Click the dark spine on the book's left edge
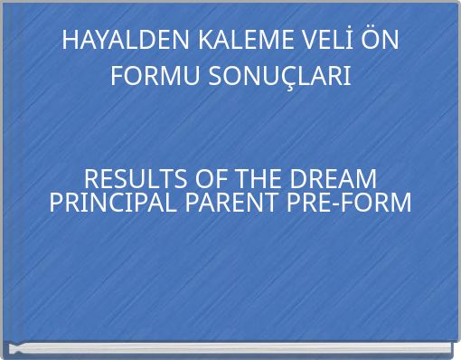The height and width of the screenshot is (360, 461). (x=6, y=181)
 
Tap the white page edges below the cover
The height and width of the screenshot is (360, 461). (x=230, y=349)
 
